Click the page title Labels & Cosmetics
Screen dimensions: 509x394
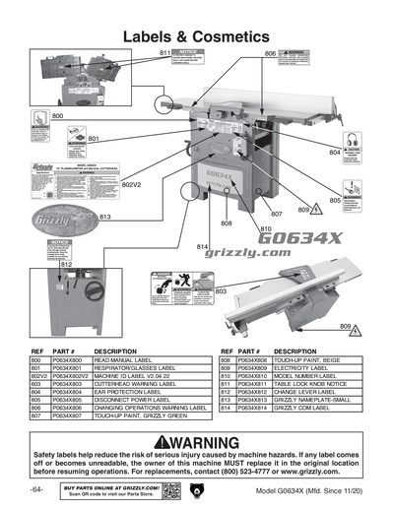pos(197,36)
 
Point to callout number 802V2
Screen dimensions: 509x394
pos(132,184)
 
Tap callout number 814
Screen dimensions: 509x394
pos(202,245)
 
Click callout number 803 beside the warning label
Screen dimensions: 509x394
pos(221,291)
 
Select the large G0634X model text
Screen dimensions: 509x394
pos(294,237)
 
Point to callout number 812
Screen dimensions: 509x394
pos(66,265)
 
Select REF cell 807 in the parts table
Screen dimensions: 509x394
pos(38,415)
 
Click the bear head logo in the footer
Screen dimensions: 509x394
pos(196,489)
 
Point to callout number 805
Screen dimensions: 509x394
pos(335,200)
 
